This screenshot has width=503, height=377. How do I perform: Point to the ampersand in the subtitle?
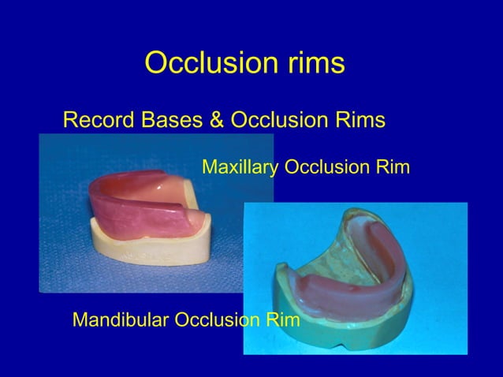click(215, 121)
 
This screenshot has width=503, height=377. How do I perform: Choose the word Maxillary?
click(240, 167)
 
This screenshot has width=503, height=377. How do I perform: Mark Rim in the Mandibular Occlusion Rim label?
click(285, 320)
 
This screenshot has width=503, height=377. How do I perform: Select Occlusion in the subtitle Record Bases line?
click(283, 121)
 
